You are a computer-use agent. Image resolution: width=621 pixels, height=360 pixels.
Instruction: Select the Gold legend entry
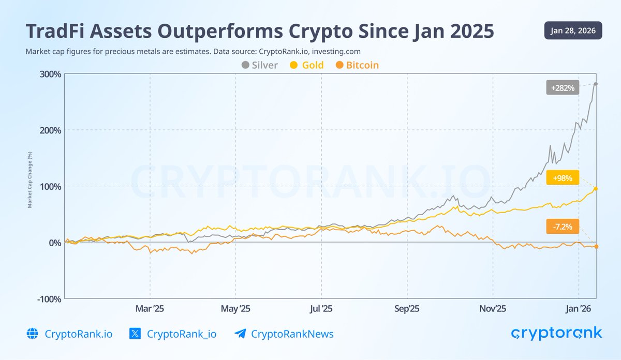307,65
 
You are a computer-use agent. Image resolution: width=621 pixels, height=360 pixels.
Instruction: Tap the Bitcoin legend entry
357,65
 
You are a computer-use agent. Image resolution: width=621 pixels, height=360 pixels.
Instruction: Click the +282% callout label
563,88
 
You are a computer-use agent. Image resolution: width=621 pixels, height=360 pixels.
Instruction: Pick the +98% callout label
563,177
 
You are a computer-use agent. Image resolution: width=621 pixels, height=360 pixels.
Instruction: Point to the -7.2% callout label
563,227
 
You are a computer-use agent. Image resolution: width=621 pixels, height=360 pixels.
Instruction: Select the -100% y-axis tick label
49,299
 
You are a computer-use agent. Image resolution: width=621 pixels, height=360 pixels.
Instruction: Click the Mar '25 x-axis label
150,309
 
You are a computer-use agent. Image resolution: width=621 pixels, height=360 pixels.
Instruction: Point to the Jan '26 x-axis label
578,309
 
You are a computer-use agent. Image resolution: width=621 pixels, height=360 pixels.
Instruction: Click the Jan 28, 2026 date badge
573,31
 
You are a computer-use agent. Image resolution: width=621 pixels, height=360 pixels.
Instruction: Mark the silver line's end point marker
596,84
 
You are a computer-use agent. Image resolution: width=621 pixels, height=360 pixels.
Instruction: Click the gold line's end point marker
596,189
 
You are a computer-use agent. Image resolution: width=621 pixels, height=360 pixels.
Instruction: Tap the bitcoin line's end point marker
596,247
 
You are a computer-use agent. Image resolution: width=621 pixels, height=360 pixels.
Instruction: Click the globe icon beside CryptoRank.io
32,334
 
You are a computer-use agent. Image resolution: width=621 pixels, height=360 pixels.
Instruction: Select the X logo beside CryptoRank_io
135,334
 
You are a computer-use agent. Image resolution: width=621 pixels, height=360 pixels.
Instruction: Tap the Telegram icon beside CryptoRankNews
240,334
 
